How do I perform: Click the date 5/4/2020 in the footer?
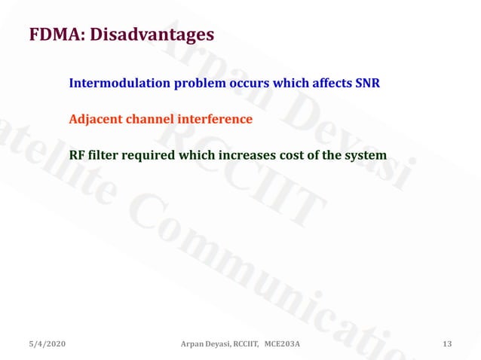[47, 344]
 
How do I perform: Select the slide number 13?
[447, 344]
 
